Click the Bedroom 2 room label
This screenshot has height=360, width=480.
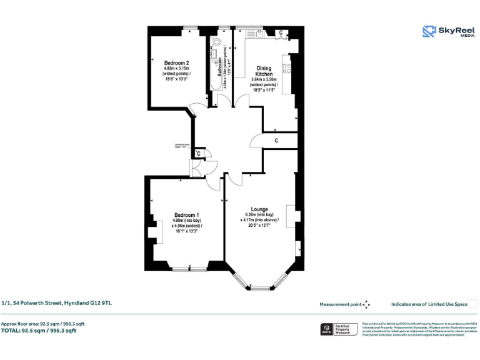coord(176,62)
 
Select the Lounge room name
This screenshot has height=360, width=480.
coord(259,209)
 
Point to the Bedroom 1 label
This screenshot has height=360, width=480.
coord(186,214)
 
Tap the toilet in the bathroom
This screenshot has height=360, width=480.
coord(216,42)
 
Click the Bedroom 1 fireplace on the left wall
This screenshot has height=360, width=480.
coord(151,232)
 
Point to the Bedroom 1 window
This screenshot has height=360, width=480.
coord(189,269)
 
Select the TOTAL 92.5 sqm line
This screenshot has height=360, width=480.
coord(39,331)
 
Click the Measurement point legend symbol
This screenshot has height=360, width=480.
coord(367,304)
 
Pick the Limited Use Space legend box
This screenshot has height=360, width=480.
coord(473,304)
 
